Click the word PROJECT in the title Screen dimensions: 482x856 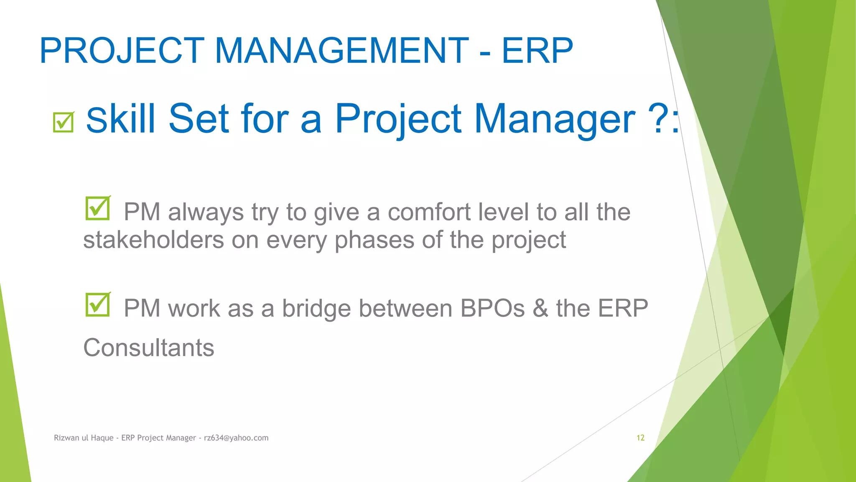(122, 51)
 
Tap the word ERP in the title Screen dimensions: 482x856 (537, 51)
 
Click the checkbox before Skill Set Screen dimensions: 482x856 (64, 122)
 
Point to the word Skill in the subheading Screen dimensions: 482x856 (121, 119)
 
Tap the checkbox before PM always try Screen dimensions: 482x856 (97, 208)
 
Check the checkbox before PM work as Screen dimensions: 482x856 (97, 305)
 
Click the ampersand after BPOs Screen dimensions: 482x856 (540, 308)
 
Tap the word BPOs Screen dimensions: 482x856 (492, 308)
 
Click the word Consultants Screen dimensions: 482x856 (148, 348)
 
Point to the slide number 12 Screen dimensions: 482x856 (640, 438)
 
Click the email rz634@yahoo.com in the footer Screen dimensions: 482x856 (236, 438)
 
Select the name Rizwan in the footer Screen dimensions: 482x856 (66, 438)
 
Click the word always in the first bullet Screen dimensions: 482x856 (206, 212)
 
